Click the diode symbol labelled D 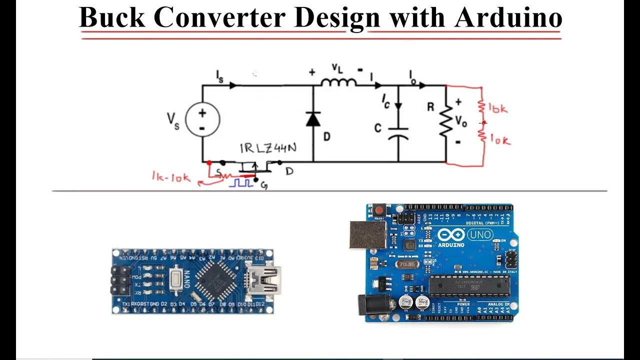tap(313, 119)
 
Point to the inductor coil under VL tap(338, 82)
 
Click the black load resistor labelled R tap(445, 120)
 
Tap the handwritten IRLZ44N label tap(267, 148)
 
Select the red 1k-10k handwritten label tap(171, 177)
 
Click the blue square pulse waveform tap(241, 183)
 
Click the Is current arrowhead tap(233, 85)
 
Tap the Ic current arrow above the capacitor tap(398, 105)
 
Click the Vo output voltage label tap(460, 120)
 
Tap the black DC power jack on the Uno tap(368, 304)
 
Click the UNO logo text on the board tap(480, 234)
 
